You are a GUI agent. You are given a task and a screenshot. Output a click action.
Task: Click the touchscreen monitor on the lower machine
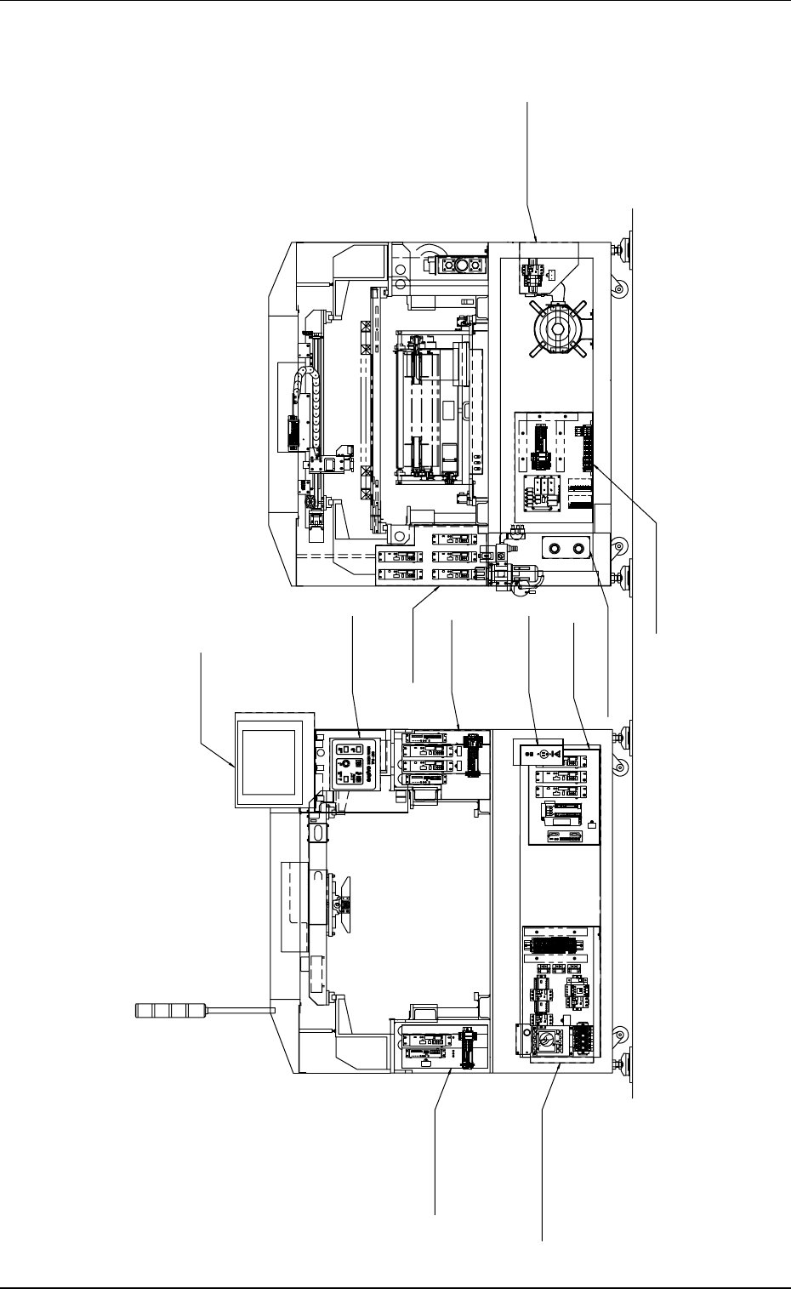[268, 760]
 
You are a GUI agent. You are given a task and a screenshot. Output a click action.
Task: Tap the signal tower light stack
[171, 1010]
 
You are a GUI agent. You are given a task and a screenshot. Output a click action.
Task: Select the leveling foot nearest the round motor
[626, 249]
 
